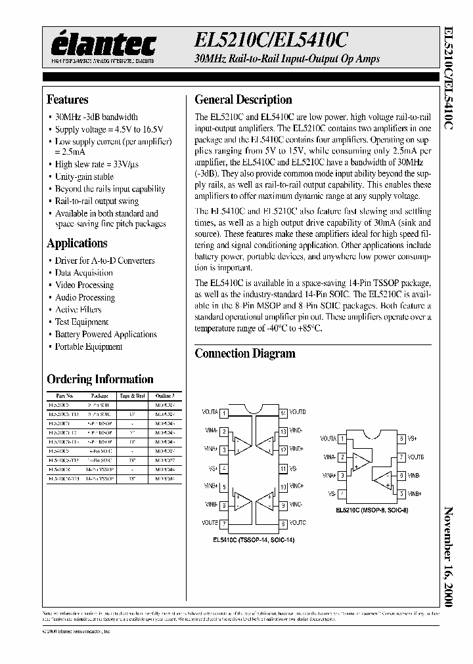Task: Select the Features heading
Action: pyautogui.click(x=67, y=100)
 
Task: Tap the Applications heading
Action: pyautogui.click(x=77, y=243)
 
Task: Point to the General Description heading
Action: pyautogui.click(x=243, y=100)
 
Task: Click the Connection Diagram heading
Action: pyautogui.click(x=244, y=354)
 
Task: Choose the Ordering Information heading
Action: pyautogui.click(x=100, y=379)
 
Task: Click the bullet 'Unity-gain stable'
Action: pyautogui.click(x=84, y=176)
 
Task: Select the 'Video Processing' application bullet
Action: pyautogui.click(x=84, y=285)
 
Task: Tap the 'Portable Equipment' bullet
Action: pyautogui.click(x=89, y=347)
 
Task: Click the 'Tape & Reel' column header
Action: pyautogui.click(x=132, y=396)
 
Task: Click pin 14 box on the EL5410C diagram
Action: pyautogui.click(x=283, y=413)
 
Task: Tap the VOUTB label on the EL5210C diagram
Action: pyautogui.click(x=415, y=457)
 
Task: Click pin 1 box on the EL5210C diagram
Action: pyautogui.click(x=342, y=438)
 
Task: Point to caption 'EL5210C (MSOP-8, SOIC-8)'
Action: pyautogui.click(x=371, y=509)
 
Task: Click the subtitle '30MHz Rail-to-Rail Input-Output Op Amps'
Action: pyautogui.click(x=287, y=60)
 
